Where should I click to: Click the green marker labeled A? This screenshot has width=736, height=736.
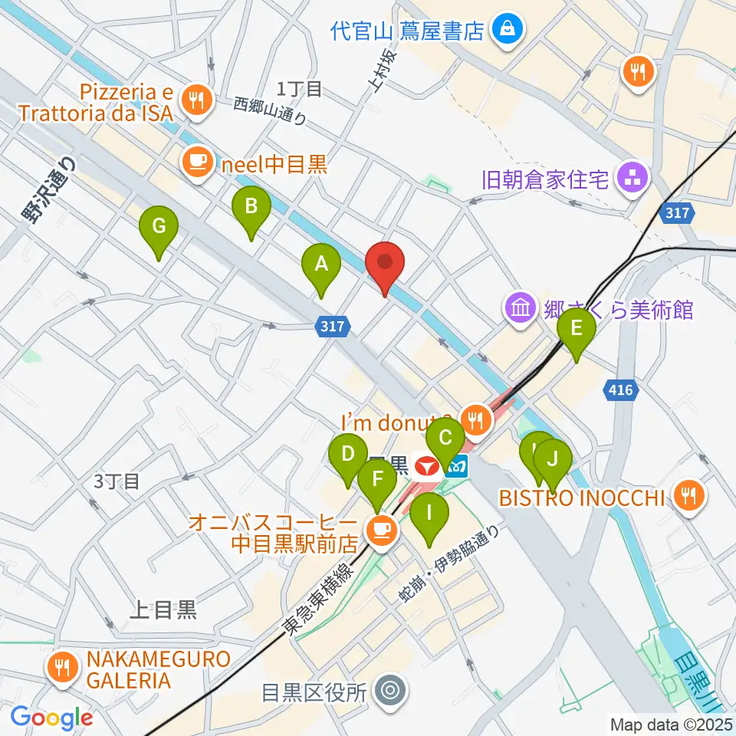(321, 265)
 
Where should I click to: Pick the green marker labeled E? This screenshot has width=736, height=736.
(577, 330)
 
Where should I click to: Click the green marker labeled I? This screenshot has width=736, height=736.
(429, 511)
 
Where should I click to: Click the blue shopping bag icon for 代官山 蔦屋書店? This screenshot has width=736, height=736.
(507, 30)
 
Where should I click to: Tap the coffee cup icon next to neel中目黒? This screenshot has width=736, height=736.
(197, 160)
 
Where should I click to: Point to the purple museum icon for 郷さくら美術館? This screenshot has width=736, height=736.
(520, 308)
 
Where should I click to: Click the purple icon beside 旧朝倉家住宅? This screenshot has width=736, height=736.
(635, 180)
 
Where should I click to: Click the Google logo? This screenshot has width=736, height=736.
(51, 717)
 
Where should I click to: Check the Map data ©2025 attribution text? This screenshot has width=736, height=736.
(669, 724)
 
